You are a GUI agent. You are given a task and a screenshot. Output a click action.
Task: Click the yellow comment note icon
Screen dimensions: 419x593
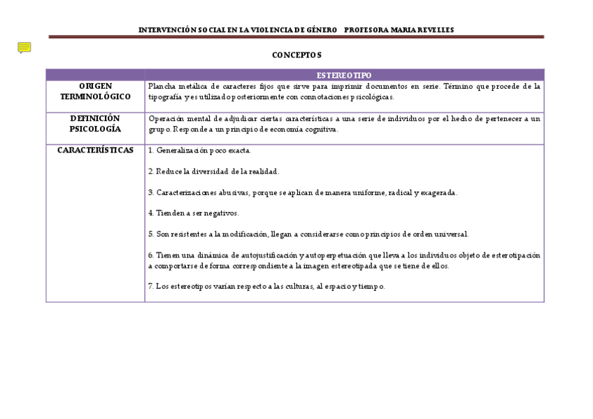(x=24, y=48)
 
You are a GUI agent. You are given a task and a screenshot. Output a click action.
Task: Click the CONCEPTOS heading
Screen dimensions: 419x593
(x=296, y=55)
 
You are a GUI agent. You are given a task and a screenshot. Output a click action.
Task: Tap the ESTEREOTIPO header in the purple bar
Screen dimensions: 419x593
(x=344, y=75)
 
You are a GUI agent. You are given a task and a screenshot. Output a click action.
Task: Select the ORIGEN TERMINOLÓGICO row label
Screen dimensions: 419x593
(x=95, y=91)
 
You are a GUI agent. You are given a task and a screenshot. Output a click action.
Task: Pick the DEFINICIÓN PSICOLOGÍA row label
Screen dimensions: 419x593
(x=95, y=124)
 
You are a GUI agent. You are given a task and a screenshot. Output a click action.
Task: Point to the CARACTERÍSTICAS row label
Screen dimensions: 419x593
(x=95, y=150)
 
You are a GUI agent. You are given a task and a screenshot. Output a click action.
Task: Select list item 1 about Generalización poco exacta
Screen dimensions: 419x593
(x=200, y=150)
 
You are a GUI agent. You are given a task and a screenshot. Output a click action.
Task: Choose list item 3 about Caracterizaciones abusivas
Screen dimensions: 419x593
(x=303, y=192)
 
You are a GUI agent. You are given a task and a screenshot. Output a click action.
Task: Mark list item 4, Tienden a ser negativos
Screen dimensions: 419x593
(x=194, y=213)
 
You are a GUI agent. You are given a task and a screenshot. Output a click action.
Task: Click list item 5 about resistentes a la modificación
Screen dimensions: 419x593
(x=308, y=234)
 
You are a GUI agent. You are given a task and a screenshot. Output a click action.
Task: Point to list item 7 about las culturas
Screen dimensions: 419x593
(x=266, y=286)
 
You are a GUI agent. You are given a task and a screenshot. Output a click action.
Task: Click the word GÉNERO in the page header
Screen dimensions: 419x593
(x=320, y=30)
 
